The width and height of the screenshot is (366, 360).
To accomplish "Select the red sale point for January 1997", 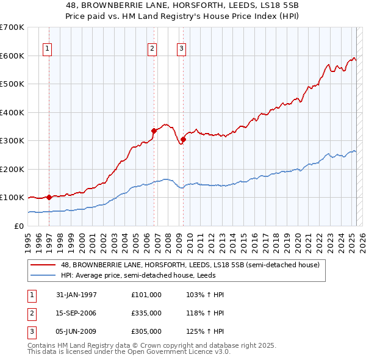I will tap(49, 197).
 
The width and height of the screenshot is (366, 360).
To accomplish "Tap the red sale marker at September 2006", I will tap(154, 130).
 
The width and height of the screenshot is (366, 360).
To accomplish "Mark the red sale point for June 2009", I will tap(183, 139).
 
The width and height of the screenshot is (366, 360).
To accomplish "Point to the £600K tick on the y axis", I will tap(12, 56).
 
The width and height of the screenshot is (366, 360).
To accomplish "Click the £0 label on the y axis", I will tap(20, 226).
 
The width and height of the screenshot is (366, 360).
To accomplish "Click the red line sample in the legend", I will tap(44, 265).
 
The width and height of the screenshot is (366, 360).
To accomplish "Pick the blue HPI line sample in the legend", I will tap(44, 275).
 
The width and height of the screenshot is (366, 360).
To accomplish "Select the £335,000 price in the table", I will tap(146, 313).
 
